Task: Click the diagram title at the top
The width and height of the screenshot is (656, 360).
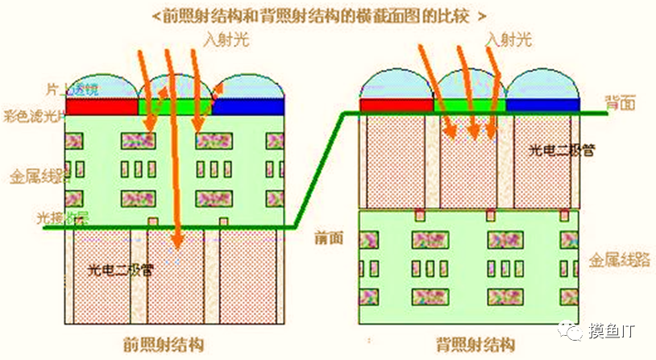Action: [x=328, y=14]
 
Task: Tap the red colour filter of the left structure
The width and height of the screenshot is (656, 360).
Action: [x=102, y=106]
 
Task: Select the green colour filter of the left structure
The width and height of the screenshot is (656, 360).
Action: [x=174, y=106]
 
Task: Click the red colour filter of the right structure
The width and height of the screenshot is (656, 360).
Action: [x=396, y=106]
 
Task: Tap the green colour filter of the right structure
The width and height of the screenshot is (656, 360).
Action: [x=469, y=106]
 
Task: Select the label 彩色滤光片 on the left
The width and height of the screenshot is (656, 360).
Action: [x=32, y=114]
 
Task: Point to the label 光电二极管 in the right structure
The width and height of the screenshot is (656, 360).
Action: [x=561, y=151]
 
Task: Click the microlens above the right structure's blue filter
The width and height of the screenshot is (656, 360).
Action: [x=542, y=85]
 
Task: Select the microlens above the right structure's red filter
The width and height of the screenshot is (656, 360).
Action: [x=396, y=85]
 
